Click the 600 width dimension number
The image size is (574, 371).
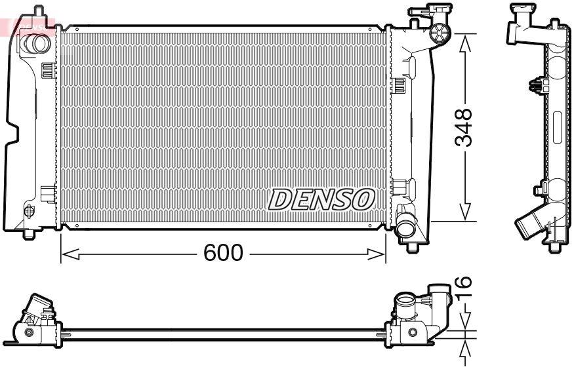224,253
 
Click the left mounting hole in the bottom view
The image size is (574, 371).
28,333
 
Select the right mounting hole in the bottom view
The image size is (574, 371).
412,333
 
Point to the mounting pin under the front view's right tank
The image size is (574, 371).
412,246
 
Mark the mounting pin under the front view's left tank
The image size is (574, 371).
30,233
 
